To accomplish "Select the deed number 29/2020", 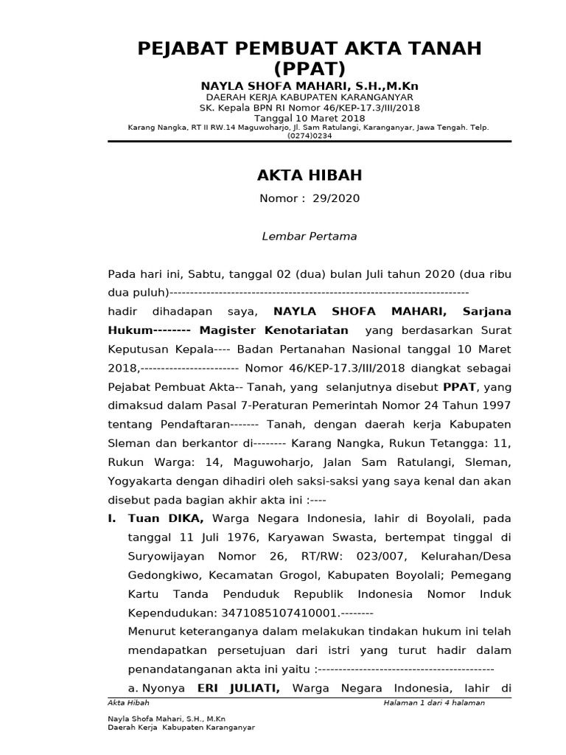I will click(336, 199).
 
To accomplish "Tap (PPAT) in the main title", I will click(310, 70).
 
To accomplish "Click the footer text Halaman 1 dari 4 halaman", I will click(434, 703).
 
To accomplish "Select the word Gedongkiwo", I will click(158, 574).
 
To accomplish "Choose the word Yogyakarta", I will click(140, 481).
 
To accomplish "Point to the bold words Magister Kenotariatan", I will click(273, 330).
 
